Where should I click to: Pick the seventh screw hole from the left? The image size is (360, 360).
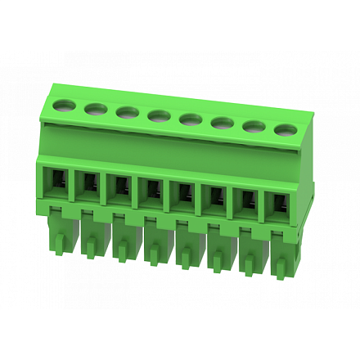pos(253,127)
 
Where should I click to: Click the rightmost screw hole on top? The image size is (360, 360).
pos(285,130)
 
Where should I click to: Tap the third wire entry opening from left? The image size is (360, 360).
pos(118,191)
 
